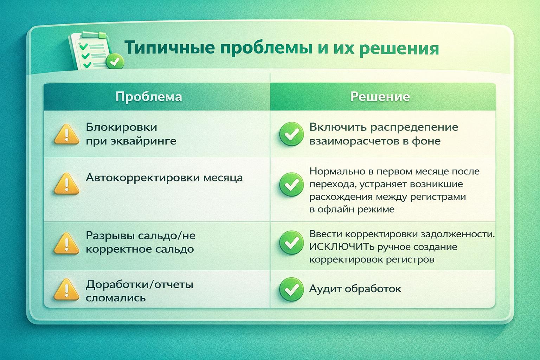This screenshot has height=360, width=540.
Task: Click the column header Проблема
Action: [x=148, y=97]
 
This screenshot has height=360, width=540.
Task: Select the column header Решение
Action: [x=380, y=97]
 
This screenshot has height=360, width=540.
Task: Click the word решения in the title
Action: [x=399, y=49]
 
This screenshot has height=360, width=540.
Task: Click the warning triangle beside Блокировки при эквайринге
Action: [x=66, y=134]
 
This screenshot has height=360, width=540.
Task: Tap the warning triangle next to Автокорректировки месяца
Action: [x=66, y=184]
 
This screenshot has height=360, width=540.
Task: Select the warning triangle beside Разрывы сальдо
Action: [x=66, y=243]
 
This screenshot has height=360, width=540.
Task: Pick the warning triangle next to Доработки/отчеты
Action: [x=66, y=289]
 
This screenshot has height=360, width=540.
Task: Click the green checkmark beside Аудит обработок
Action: [x=291, y=289]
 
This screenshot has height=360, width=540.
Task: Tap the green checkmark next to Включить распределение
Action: [x=291, y=134]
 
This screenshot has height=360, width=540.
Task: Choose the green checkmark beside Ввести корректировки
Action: [x=291, y=243]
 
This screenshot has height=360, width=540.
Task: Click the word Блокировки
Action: [x=121, y=127]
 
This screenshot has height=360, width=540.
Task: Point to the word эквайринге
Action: [x=143, y=141]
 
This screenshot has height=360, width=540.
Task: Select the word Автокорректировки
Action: [x=143, y=178]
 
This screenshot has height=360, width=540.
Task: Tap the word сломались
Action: [x=116, y=298]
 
